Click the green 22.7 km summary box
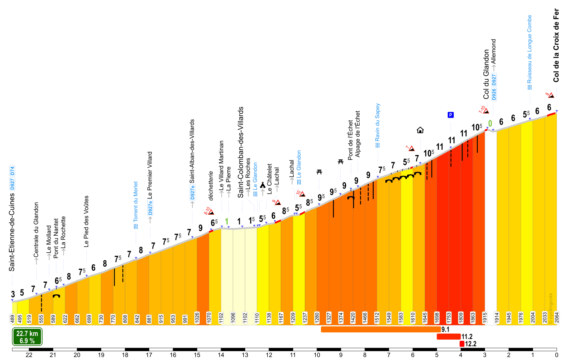(27, 337)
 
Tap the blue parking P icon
(451, 115)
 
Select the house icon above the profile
(420, 130)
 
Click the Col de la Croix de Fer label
(556, 46)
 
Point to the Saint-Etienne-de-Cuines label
(12, 232)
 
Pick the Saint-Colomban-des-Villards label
(241, 152)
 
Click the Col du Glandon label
(486, 74)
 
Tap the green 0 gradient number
(490, 123)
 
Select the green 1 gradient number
(227, 221)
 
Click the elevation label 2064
(557, 318)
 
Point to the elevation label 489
(13, 318)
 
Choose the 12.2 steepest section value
(471, 344)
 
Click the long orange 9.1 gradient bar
(380, 329)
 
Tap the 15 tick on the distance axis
(197, 355)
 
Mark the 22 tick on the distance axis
(29, 355)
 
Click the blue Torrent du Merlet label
(136, 205)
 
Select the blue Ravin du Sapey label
(377, 125)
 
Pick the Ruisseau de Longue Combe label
(529, 52)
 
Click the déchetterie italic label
(211, 186)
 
